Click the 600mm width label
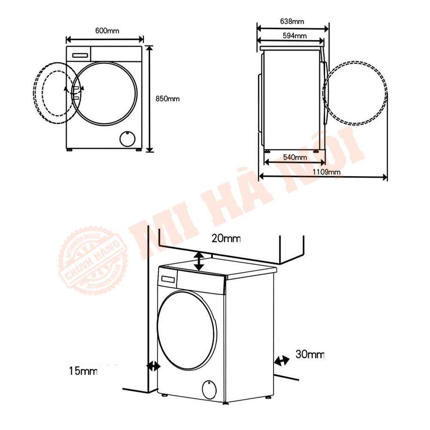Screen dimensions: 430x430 pyautogui.click(x=107, y=31)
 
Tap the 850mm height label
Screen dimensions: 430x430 pyautogui.click(x=168, y=98)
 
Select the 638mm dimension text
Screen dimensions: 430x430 pyautogui.click(x=292, y=21)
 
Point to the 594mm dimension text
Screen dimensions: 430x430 pyautogui.click(x=295, y=36)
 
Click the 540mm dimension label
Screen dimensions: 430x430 pyautogui.click(x=295, y=157)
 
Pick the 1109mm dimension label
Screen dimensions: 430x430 pyautogui.click(x=326, y=172)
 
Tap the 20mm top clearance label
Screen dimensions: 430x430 pyautogui.click(x=226, y=239)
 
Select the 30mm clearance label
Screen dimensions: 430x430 pyautogui.click(x=310, y=354)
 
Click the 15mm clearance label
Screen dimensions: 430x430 pyautogui.click(x=83, y=371)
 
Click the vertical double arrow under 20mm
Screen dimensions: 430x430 pyautogui.click(x=199, y=261)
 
